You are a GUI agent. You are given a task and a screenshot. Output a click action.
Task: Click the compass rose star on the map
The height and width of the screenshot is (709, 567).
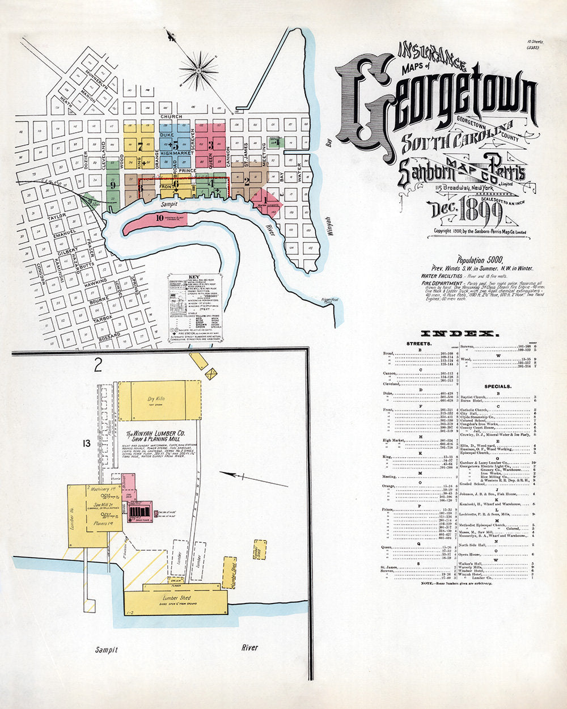coord(199,70)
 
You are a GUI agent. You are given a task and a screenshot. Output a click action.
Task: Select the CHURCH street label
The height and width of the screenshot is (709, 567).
coord(171,116)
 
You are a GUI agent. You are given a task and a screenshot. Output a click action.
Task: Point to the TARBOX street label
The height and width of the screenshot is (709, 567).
coord(103,319)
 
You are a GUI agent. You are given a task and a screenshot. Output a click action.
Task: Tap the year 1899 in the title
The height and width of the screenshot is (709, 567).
coord(486,212)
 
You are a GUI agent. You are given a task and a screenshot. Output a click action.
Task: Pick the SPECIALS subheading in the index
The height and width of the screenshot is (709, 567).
coord(497,386)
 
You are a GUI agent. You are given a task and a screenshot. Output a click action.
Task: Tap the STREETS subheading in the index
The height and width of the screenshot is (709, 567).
coord(418,344)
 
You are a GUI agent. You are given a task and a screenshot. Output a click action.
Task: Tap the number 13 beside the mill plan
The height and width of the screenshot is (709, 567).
coord(86,443)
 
